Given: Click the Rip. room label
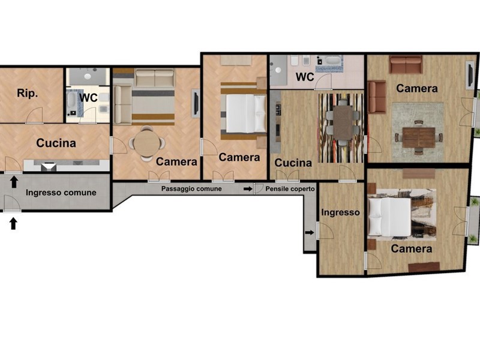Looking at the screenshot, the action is [x=28, y=93].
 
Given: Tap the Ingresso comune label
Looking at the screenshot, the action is [x=61, y=193].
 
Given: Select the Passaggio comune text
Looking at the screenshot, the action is [x=191, y=188].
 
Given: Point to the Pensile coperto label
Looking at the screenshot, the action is [x=290, y=189].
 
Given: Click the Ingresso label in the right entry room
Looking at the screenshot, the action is [x=340, y=212].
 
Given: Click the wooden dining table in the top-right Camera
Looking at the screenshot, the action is [x=419, y=137].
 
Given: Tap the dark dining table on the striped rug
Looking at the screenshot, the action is [x=343, y=122].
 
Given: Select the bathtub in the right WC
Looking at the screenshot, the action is [x=333, y=60].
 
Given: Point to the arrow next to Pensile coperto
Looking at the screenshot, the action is [x=248, y=189].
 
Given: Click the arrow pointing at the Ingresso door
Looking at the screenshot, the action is [x=310, y=233].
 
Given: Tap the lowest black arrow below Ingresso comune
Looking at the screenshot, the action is [x=13, y=223].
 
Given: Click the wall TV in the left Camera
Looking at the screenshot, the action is [x=196, y=103].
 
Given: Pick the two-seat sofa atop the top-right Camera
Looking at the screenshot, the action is [x=406, y=65].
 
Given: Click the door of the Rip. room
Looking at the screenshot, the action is [x=34, y=115].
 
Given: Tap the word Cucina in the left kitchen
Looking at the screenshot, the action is [x=56, y=143].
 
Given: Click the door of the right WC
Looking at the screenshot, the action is [x=323, y=82].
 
